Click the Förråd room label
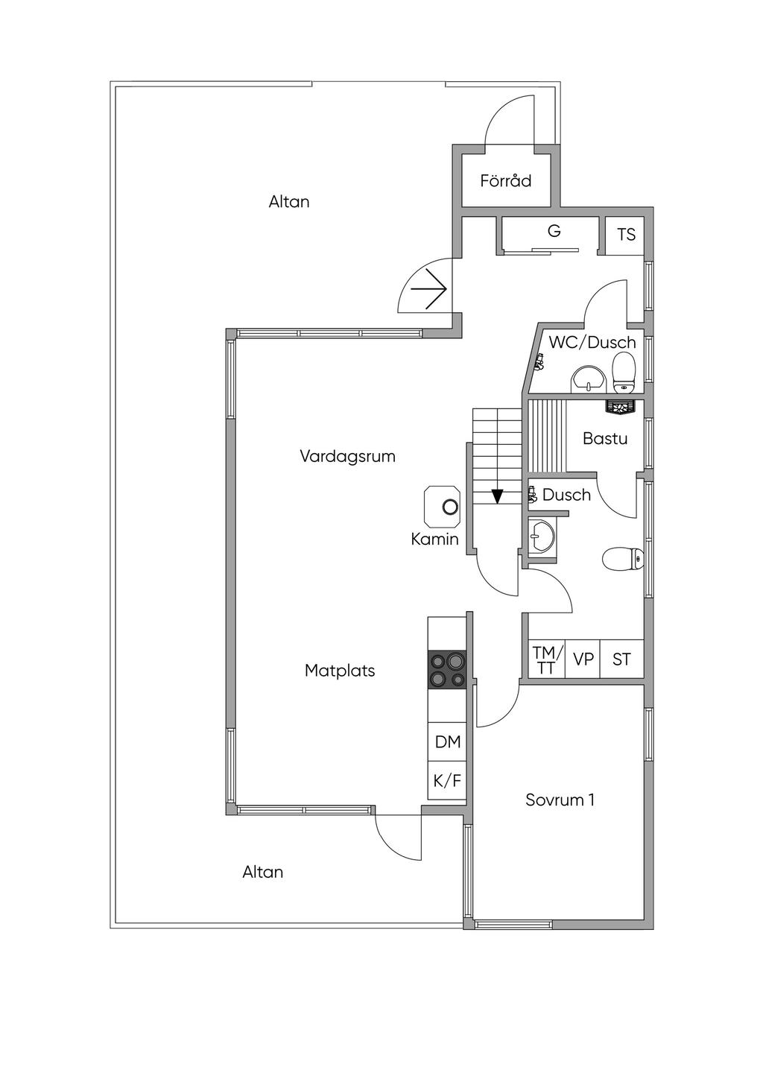pyautogui.click(x=505, y=180)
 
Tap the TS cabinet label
pyautogui.click(x=626, y=235)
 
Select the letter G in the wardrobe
pyautogui.click(x=554, y=231)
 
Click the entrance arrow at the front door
pyautogui.click(x=429, y=290)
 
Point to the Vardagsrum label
pyautogui.click(x=347, y=456)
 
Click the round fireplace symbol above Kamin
pyautogui.click(x=449, y=507)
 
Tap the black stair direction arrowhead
pyautogui.click(x=497, y=496)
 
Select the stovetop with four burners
pyautogui.click(x=447, y=668)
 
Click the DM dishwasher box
pyautogui.click(x=447, y=742)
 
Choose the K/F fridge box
pyautogui.click(x=447, y=781)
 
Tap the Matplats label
pyautogui.click(x=340, y=671)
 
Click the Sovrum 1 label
pyautogui.click(x=560, y=800)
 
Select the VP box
pyautogui.click(x=583, y=659)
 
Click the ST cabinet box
pyautogui.click(x=622, y=659)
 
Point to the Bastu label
pyautogui.click(x=605, y=439)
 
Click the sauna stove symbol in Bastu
pyautogui.click(x=621, y=407)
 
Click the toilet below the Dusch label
pyautogui.click(x=624, y=560)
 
